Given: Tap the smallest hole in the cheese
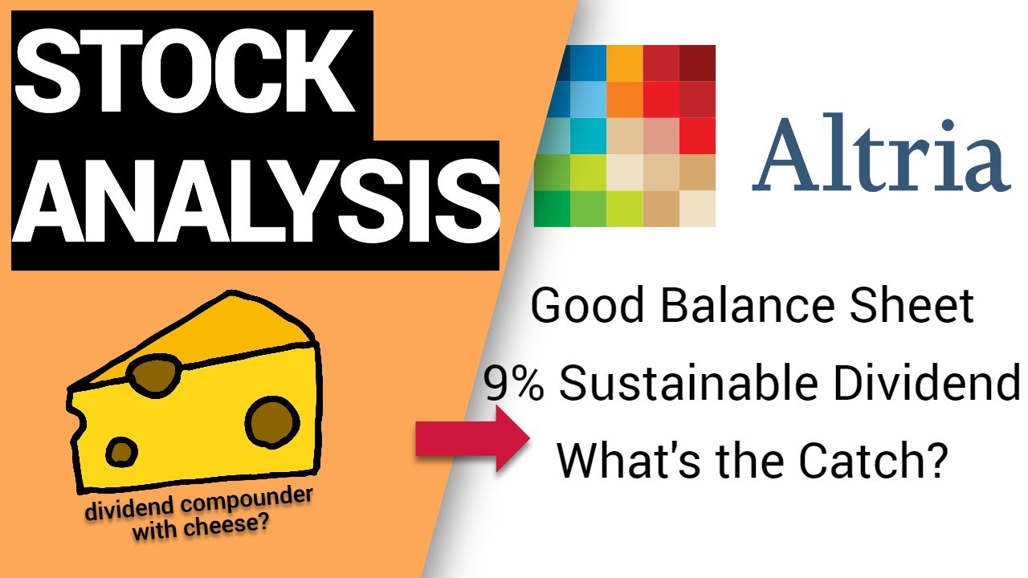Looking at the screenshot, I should coord(122,451).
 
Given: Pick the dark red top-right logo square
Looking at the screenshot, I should coord(697,63).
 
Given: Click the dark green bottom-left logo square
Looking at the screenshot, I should coord(552,208).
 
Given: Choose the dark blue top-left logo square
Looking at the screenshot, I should coord(552,63).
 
